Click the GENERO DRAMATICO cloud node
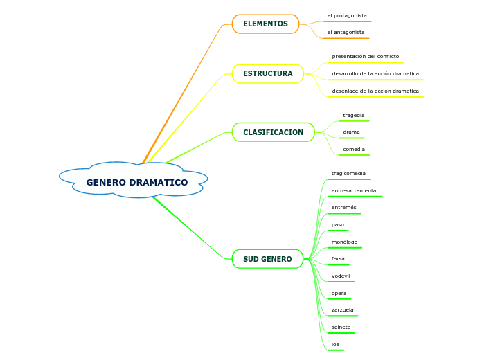coord(136,183)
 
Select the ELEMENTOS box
coord(265,24)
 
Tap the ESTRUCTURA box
coord(267,74)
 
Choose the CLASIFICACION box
coord(273,132)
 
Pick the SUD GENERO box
coord(267,259)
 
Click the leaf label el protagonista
coord(347,15)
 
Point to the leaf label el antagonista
coord(346,33)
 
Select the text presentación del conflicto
coord(365,57)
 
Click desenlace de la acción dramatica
coord(375,91)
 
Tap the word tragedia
coord(353,116)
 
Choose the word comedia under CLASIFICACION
coord(353,150)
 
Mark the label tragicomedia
coord(348,174)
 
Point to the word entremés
coord(343,208)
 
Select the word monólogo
coord(344,242)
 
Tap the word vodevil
coord(341,276)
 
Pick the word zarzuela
coord(342,310)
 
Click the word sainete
coord(341,327)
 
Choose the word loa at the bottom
coord(335,345)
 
